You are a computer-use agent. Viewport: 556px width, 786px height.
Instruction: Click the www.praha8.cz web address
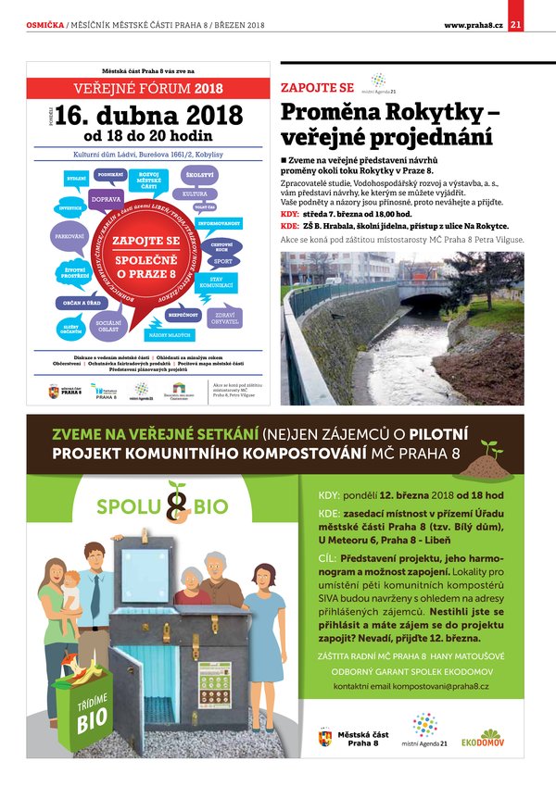coord(473,24)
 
